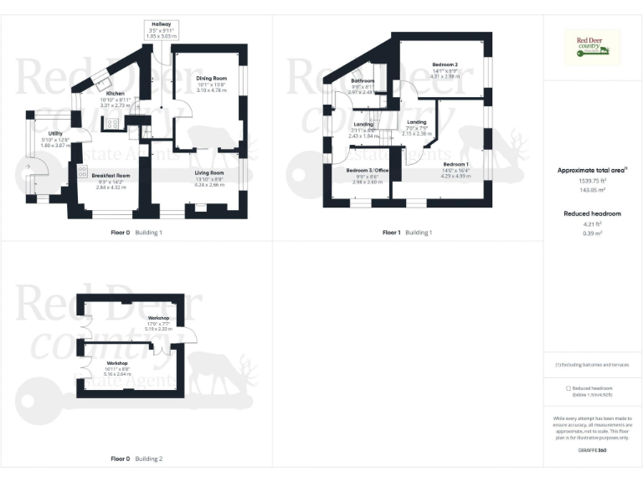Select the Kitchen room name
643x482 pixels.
click(116, 93)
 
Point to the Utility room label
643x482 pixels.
click(55, 133)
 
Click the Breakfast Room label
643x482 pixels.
click(111, 176)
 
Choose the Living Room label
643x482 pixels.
click(209, 172)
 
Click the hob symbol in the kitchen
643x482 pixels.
click(112, 126)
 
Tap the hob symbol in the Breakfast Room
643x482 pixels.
click(82, 172)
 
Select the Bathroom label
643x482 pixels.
click(363, 80)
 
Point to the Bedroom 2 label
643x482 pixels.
click(445, 64)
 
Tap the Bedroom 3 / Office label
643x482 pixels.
click(368, 170)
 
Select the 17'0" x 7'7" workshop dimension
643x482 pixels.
click(159, 324)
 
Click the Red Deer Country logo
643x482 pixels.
click(593, 48)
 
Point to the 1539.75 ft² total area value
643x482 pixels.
click(592, 180)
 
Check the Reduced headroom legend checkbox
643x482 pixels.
click(568, 388)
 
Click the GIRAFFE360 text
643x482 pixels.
click(592, 451)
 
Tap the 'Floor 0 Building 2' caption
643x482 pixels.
click(137, 459)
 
